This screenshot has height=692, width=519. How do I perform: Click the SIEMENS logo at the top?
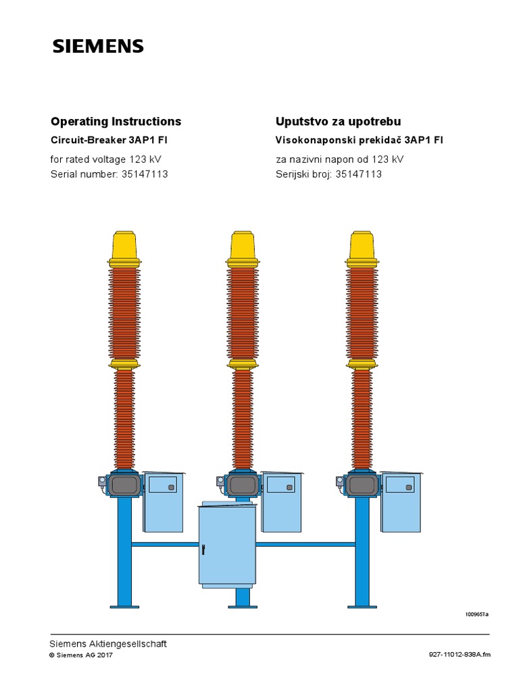[x=98, y=47]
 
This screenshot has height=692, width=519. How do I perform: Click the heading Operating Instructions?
[x=116, y=122]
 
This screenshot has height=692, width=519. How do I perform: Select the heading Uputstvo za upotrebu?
[x=338, y=122]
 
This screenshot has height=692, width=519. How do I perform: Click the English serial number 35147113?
[x=145, y=174]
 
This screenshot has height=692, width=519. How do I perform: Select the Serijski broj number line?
[x=328, y=174]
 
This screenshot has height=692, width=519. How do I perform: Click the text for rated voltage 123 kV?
[x=106, y=159]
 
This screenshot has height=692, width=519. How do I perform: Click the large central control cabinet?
[x=227, y=546]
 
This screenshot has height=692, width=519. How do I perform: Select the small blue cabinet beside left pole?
[x=163, y=501]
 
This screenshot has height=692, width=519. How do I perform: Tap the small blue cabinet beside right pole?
[x=401, y=501]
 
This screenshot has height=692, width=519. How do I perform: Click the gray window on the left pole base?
[x=124, y=485]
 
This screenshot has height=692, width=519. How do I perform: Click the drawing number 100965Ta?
[x=476, y=614]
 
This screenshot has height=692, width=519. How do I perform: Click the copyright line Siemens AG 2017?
[x=82, y=655]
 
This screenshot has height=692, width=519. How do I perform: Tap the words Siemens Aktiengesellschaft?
[x=108, y=643]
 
